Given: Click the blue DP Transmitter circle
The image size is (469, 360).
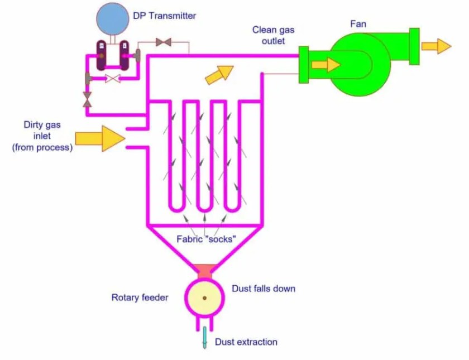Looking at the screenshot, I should pyautogui.click(x=112, y=18).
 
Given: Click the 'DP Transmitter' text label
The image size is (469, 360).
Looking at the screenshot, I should pyautogui.click(x=165, y=16).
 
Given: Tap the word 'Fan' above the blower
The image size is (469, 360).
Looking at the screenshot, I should pyautogui.click(x=358, y=24).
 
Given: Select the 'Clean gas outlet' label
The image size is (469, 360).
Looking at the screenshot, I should pyautogui.click(x=273, y=35).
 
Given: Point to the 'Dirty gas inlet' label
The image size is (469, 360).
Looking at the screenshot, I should pyautogui.click(x=42, y=136).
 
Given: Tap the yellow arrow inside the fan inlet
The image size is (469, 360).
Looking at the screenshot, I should pyautogui.click(x=326, y=65).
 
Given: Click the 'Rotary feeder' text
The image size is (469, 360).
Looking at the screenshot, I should pyautogui.click(x=140, y=297).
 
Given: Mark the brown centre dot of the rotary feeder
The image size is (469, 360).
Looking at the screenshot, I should pyautogui.click(x=204, y=298).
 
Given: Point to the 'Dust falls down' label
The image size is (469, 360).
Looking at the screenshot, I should pyautogui.click(x=264, y=289).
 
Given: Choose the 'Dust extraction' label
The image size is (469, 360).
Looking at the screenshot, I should pyautogui.click(x=246, y=342).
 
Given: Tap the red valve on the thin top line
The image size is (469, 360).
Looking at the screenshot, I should pyautogui.click(x=164, y=42).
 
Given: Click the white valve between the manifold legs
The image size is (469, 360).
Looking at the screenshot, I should pyautogui.click(x=113, y=79).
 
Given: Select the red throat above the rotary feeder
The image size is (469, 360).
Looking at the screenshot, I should pyautogui.click(x=204, y=271).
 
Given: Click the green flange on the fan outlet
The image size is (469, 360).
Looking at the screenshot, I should pyautogui.click(x=414, y=46).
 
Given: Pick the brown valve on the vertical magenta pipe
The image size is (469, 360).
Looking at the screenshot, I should pyautogui.click(x=87, y=100).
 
